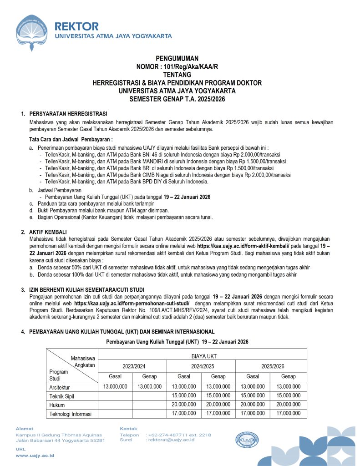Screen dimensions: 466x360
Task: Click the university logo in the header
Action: click(x=32, y=33)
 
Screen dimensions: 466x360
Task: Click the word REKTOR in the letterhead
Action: click(x=76, y=26)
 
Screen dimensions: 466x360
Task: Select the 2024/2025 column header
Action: click(x=201, y=365)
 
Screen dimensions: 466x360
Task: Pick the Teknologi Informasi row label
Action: click(x=71, y=414)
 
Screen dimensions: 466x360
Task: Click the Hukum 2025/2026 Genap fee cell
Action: click(x=288, y=405)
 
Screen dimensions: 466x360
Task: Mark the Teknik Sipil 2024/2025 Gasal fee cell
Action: click(x=184, y=395)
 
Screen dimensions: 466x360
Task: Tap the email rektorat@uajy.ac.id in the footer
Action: click(x=172, y=440)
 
